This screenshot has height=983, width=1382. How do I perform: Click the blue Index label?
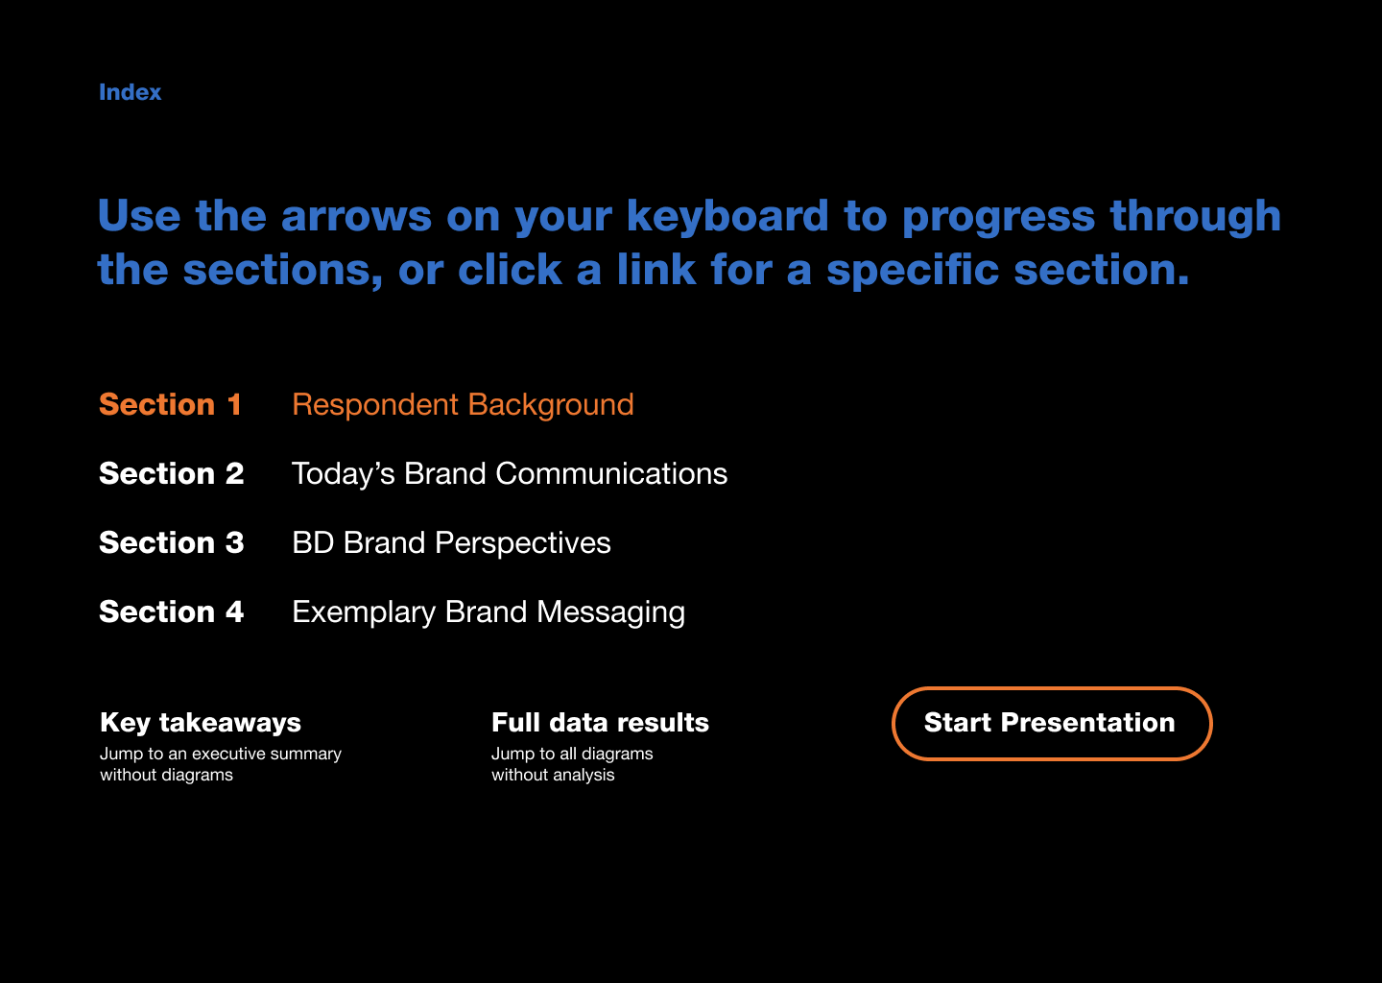click(131, 92)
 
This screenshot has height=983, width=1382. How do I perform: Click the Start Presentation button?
click(1051, 723)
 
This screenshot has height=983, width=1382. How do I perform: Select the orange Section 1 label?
click(170, 405)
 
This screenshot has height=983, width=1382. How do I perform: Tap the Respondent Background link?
click(463, 405)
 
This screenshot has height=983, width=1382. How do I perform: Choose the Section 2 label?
click(172, 474)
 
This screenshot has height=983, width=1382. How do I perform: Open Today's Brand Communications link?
click(510, 474)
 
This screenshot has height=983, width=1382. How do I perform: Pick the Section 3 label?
click(172, 543)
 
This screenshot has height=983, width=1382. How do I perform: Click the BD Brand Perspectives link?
click(451, 543)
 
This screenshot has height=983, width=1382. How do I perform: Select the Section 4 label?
click(172, 612)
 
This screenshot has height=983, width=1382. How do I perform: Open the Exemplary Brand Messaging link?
click(488, 612)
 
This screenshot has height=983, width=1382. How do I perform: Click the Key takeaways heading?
click(201, 723)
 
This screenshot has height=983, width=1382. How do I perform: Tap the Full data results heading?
click(601, 723)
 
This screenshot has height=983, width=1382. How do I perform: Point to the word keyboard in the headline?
click(727, 216)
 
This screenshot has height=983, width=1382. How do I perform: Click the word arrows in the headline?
click(357, 217)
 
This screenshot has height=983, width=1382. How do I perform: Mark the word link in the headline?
click(656, 270)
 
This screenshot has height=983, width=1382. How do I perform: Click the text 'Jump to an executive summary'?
click(221, 755)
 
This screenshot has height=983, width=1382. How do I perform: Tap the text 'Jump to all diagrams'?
click(572, 755)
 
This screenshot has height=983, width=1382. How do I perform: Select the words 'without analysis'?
click(553, 775)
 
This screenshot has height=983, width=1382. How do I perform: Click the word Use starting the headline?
click(139, 216)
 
